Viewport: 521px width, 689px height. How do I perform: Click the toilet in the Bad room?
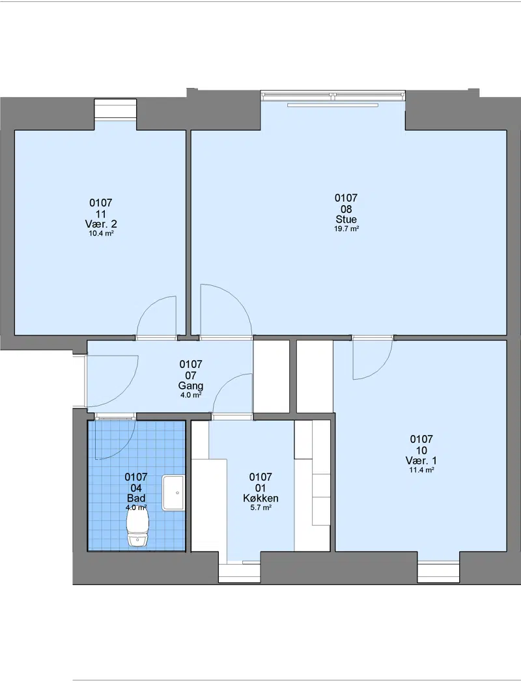[137, 527]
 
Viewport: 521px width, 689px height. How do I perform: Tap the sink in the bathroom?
[173, 492]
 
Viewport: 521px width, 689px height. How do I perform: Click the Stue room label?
[346, 219]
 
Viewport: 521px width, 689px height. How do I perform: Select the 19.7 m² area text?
[346, 229]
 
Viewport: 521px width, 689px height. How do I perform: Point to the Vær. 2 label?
[101, 224]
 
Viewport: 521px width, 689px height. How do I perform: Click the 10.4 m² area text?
[101, 234]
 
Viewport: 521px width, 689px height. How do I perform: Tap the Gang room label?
[191, 386]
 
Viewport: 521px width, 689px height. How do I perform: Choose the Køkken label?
[260, 498]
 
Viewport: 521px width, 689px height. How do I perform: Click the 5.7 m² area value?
[260, 507]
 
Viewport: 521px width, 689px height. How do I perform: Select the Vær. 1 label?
[421, 460]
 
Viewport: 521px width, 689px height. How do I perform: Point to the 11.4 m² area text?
[421, 470]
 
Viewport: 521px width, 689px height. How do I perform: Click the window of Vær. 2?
[115, 109]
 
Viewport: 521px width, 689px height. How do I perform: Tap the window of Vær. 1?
[438, 572]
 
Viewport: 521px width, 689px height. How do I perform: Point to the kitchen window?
[240, 572]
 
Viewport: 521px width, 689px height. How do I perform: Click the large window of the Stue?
[333, 95]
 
